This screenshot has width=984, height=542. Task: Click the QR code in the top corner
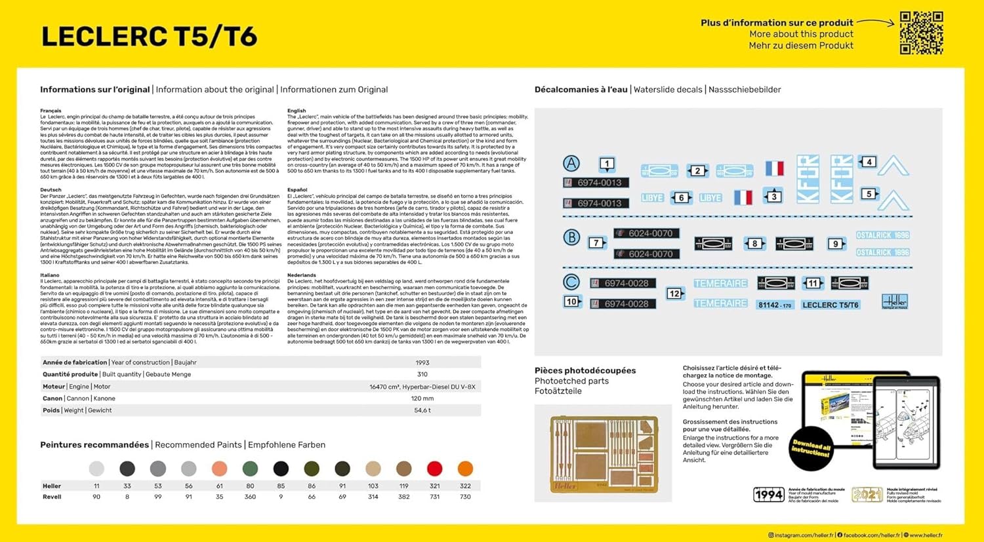click(921, 33)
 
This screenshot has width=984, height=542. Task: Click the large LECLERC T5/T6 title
click(149, 37)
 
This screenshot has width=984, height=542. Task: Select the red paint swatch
click(434, 469)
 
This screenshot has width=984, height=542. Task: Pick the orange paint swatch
click(465, 469)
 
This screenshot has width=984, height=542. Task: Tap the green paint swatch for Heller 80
click(250, 469)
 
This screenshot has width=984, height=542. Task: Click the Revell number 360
click(250, 497)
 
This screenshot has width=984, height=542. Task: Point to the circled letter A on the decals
click(571, 164)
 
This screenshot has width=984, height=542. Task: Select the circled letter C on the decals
click(571, 282)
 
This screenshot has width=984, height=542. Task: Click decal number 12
click(674, 293)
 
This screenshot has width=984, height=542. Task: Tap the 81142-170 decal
click(775, 305)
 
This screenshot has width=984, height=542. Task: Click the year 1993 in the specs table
click(422, 362)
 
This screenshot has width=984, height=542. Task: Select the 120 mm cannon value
click(422, 398)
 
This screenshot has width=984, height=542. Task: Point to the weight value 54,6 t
click(422, 410)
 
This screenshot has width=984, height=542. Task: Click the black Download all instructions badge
click(811, 449)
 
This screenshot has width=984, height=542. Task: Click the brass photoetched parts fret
click(604, 454)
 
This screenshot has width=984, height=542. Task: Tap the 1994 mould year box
click(768, 495)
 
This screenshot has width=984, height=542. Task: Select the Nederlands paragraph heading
click(302, 275)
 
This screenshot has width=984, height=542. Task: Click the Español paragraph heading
click(297, 190)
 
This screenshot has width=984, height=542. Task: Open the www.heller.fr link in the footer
click(926, 535)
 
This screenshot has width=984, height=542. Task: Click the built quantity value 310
click(422, 374)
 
